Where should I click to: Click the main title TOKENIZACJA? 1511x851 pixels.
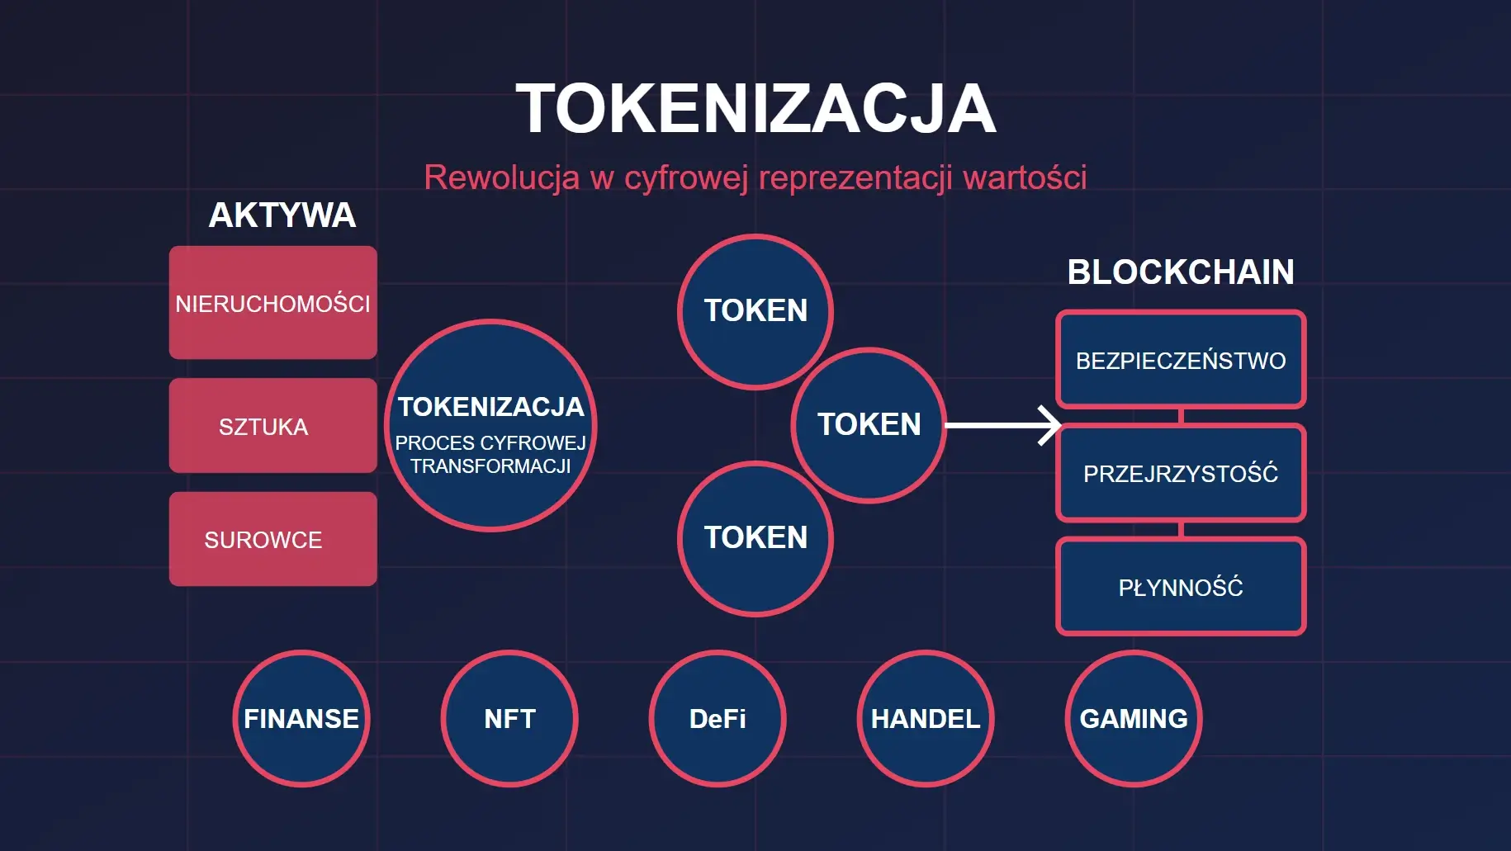[755, 108]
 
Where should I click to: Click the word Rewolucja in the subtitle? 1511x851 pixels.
[501, 177]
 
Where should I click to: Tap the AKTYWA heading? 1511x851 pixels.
[282, 215]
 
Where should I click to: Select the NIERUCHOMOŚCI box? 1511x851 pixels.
[273, 303]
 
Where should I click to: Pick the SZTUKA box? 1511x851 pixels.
[273, 426]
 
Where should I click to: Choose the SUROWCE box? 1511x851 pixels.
[273, 539]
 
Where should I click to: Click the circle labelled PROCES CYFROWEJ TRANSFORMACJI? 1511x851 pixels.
[490, 425]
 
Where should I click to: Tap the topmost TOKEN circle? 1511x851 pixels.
[755, 311]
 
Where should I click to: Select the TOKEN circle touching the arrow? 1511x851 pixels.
[869, 425]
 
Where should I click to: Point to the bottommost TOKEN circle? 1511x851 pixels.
[755, 538]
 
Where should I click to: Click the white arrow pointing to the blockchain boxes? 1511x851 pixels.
[1002, 426]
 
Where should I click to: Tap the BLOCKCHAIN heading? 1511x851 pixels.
[1181, 272]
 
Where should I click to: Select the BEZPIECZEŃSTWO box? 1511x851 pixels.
[1181, 360]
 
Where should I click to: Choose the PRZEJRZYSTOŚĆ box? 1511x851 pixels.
[1181, 473]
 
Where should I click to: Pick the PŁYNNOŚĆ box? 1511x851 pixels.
[1181, 587]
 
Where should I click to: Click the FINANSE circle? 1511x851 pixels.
[301, 719]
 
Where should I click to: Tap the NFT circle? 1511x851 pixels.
[509, 719]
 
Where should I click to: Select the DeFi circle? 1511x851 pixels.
[718, 719]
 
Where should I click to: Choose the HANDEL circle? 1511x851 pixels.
[926, 719]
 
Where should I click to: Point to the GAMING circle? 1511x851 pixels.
[1134, 719]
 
